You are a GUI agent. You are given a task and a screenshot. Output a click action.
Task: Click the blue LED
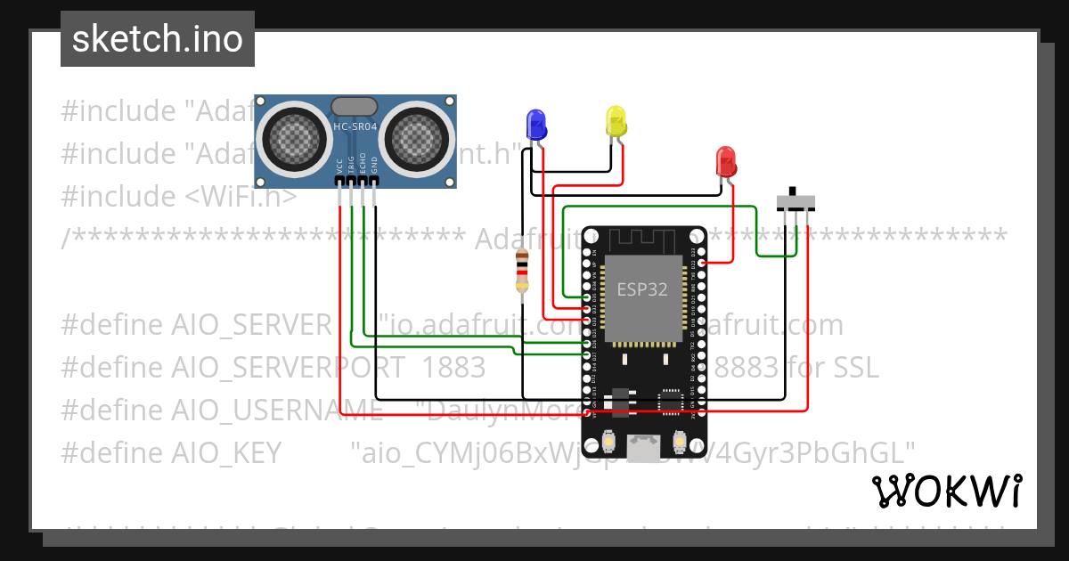535,123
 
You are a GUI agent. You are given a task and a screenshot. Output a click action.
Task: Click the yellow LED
616,120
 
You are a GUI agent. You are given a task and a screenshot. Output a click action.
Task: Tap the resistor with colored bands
523,272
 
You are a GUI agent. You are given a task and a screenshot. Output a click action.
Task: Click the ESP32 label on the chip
642,289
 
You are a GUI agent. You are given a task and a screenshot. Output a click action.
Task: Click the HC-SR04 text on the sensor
355,127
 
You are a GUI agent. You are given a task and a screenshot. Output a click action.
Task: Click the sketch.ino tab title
158,39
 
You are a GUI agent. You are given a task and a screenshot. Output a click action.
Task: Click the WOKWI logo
946,491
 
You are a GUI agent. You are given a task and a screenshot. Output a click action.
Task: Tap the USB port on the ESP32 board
643,443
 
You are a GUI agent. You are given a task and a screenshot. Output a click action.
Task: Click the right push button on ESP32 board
679,441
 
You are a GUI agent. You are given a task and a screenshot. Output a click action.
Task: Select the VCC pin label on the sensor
340,167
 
